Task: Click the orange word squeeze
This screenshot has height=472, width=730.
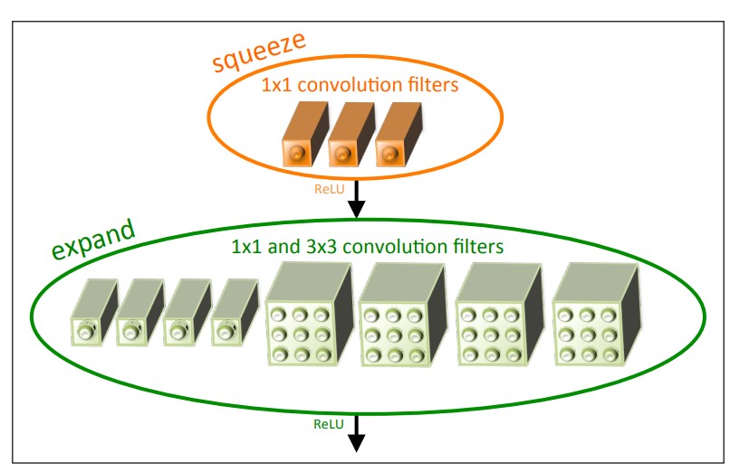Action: click(259, 52)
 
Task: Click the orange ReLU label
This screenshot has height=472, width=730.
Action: click(329, 189)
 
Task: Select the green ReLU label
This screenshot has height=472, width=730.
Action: click(328, 424)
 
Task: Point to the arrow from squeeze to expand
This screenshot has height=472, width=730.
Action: click(356, 199)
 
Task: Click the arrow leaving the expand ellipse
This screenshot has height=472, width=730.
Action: click(356, 433)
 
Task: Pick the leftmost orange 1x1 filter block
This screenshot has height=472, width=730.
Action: click(305, 134)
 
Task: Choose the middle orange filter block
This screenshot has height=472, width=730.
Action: click(351, 134)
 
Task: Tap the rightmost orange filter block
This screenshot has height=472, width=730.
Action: click(399, 135)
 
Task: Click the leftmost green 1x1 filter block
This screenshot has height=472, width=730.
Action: click(94, 312)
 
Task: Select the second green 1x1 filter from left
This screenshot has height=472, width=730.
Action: click(139, 312)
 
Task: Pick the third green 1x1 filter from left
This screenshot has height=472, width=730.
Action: click(187, 312)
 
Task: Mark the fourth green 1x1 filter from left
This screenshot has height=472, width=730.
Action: click(235, 312)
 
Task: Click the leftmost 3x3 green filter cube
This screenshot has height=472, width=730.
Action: click(309, 314)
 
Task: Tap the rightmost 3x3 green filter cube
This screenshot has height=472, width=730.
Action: click(596, 315)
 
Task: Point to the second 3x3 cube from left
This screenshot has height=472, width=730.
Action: click(403, 315)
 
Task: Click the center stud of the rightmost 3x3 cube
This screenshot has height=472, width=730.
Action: click(587, 335)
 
